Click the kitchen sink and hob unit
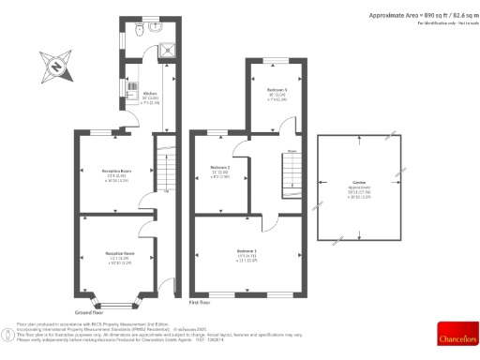pyautogui.click(x=131, y=86)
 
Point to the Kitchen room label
pyautogui.click(x=149, y=95)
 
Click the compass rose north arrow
pyautogui.click(x=55, y=67)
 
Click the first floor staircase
pyautogui.click(x=290, y=172)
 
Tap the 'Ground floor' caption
pyautogui.click(x=88, y=311)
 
